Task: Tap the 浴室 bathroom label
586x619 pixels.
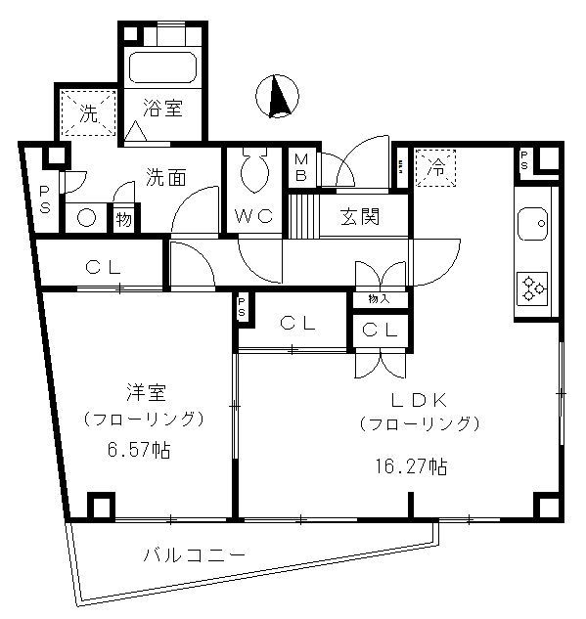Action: pos(162,110)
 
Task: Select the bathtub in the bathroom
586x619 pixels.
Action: pos(162,68)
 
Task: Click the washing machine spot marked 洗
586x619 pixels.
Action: pos(88,112)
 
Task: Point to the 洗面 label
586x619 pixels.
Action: pos(165,178)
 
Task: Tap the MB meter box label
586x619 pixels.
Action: pos(300,168)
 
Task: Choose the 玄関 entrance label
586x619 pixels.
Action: pos(361,215)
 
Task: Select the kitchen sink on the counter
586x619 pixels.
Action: pos(534,225)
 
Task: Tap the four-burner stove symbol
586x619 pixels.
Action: pos(534,287)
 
